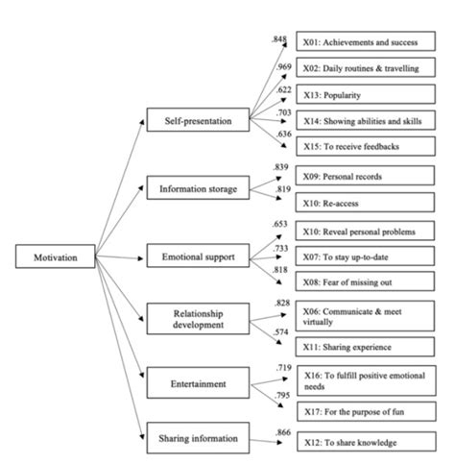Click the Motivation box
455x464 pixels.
click(x=56, y=256)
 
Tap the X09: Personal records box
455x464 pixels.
click(x=363, y=180)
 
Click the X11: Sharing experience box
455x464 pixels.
click(x=363, y=347)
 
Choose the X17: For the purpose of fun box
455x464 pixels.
click(x=363, y=411)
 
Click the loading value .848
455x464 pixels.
click(x=279, y=39)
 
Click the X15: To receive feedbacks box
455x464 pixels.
click(x=363, y=147)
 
